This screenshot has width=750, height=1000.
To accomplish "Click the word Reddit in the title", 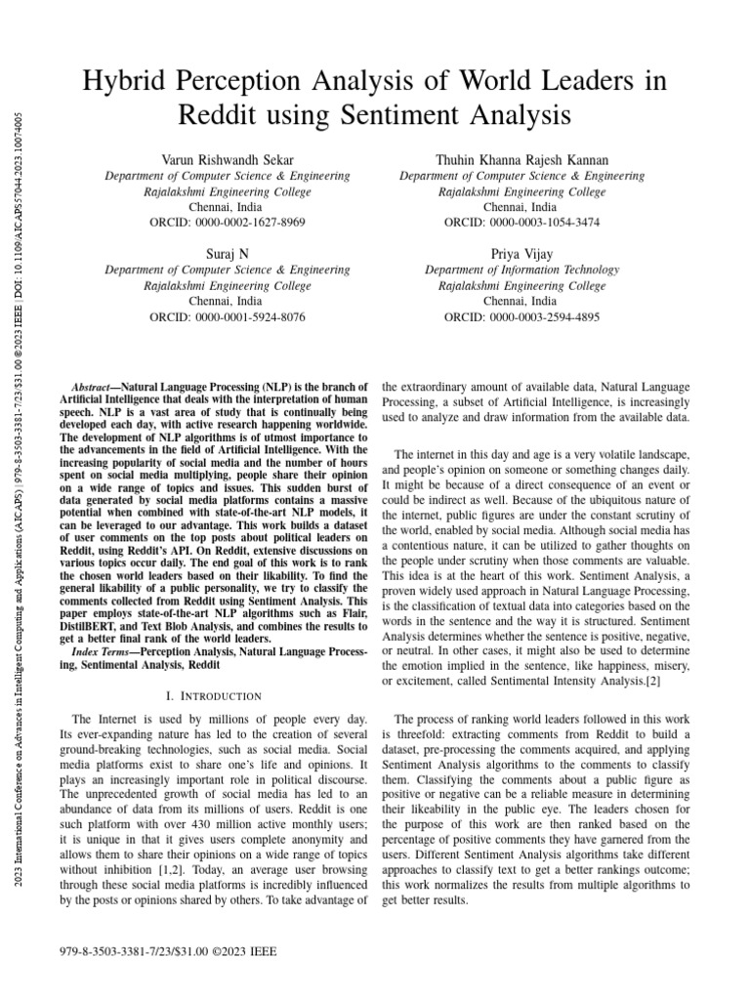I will click(221, 116).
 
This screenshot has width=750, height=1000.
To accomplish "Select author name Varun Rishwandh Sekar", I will click(226, 159).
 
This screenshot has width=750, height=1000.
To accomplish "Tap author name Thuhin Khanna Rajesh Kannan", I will click(521, 159).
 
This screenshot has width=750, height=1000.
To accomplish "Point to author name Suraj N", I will click(226, 254).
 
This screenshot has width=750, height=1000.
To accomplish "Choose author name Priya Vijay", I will click(521, 254).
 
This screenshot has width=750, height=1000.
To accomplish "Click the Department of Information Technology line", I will click(521, 271).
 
